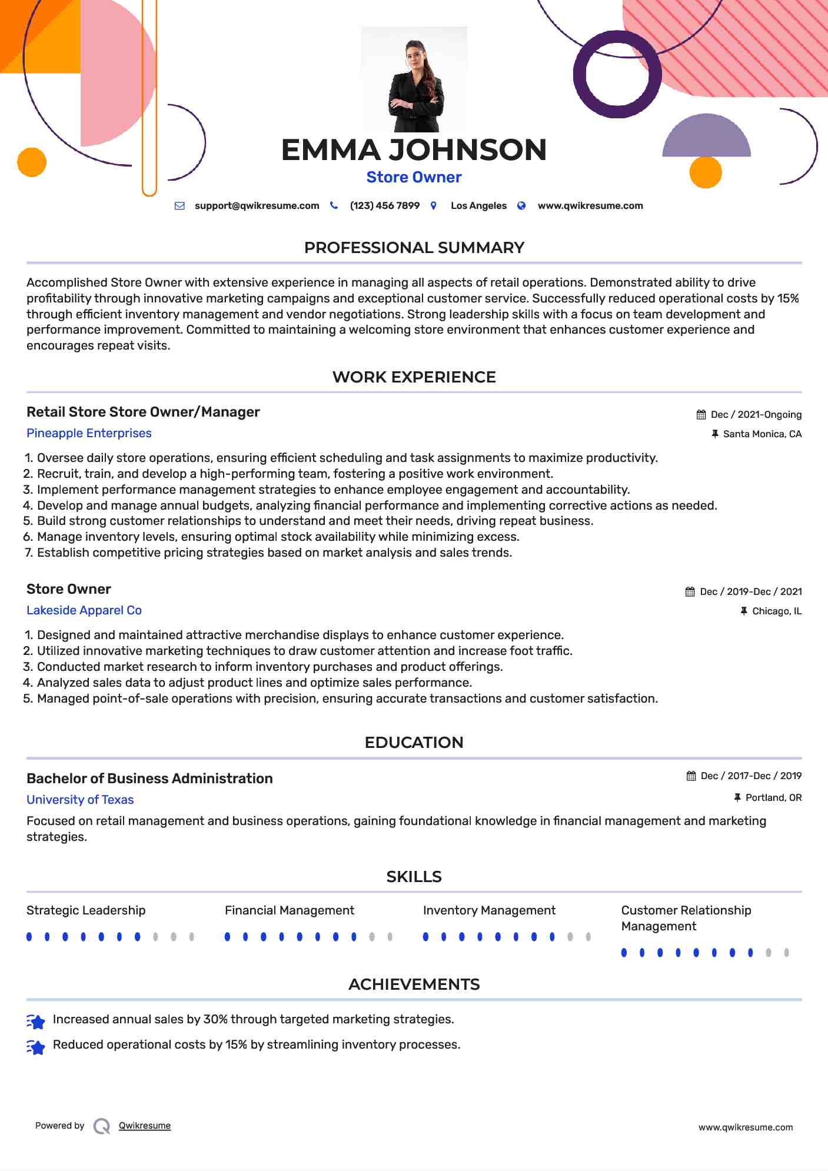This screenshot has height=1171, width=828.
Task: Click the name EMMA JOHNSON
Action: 414,150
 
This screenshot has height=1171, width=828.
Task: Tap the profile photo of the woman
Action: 414,79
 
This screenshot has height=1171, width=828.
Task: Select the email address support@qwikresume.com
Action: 257,206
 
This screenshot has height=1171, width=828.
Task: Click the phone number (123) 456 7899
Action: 384,206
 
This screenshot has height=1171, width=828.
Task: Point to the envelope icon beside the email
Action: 179,206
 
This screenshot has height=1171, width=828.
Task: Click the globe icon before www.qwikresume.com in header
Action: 521,206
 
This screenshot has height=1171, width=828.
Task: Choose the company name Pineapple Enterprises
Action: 89,433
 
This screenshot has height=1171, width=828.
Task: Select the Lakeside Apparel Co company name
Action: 84,610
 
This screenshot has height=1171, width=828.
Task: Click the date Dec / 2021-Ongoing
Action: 756,415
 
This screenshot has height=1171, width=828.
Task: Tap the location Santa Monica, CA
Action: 762,434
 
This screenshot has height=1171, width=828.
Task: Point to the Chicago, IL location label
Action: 777,611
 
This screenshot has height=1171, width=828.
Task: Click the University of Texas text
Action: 80,800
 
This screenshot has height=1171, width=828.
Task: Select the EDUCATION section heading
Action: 414,743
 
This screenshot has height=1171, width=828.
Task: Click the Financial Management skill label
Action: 289,910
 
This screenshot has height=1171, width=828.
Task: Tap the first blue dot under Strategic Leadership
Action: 29,937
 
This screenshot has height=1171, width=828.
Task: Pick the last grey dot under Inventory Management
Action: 588,937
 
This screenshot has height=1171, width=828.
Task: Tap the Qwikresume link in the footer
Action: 145,1126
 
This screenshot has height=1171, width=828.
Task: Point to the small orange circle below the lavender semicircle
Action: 705,172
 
